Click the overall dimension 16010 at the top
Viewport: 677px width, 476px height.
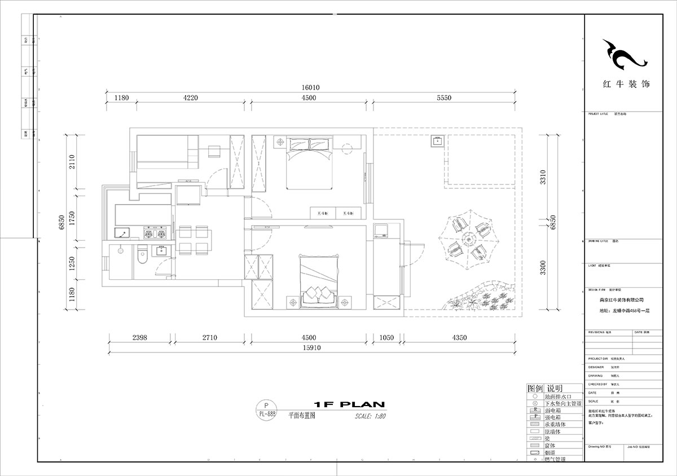310,87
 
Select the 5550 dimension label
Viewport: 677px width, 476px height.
444,98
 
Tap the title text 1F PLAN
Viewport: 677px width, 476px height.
349,404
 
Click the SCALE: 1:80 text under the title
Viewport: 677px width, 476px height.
370,417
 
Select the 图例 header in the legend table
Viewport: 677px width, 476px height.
534,389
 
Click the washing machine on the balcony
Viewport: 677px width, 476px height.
380,230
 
